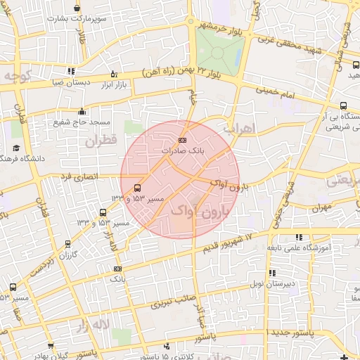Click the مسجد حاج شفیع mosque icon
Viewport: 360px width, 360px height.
coord(83,111)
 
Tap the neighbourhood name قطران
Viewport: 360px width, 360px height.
coord(101,141)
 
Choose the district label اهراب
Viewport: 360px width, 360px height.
coord(237,129)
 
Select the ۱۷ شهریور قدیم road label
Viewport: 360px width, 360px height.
coord(239,236)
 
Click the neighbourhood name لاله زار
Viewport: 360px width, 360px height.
coord(92,326)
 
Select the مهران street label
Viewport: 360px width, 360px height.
coord(323,208)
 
